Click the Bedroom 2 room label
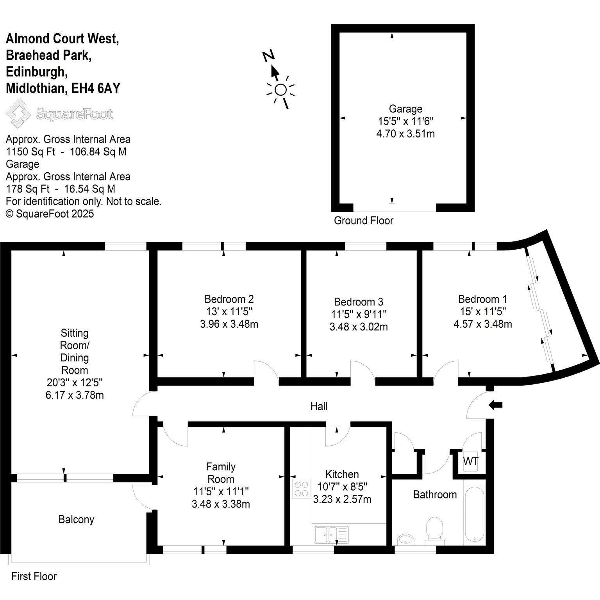pyautogui.click(x=229, y=299)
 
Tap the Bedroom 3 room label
pyautogui.click(x=359, y=302)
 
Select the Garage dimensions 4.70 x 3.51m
pyautogui.click(x=405, y=134)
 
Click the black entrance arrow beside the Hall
pyautogui.click(x=495, y=405)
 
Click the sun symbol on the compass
pyautogui.click(x=280, y=90)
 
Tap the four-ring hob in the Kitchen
pyautogui.click(x=301, y=489)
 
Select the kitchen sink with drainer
pyautogui.click(x=331, y=535)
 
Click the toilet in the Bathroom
pyautogui.click(x=434, y=530)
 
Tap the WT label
pyautogui.click(x=470, y=461)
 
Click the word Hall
pyautogui.click(x=319, y=407)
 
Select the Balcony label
pyautogui.click(x=76, y=520)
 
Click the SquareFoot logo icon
pyautogui.click(x=18, y=114)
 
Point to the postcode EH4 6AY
pyautogui.click(x=95, y=89)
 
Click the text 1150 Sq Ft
pyautogui.click(x=30, y=152)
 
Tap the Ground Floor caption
pyautogui.click(x=364, y=221)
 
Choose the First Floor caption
pyautogui.click(x=34, y=577)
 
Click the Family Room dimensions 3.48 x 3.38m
pyautogui.click(x=221, y=504)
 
